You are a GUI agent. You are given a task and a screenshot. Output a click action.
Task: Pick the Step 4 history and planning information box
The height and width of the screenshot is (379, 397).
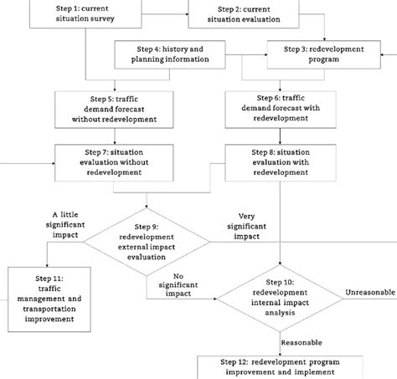click(x=171, y=56)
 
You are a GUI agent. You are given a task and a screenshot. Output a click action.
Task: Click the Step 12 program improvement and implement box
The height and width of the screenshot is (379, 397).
click(x=279, y=366)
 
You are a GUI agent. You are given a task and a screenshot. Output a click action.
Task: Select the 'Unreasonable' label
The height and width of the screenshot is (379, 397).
click(x=366, y=291)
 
